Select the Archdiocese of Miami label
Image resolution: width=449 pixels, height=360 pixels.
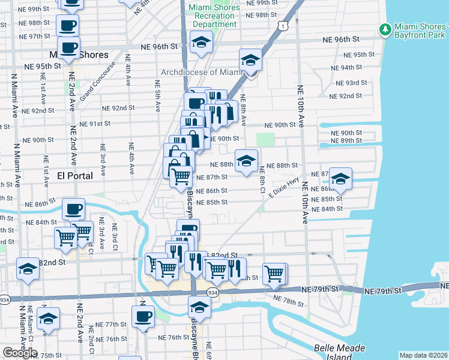[x=200, y=73]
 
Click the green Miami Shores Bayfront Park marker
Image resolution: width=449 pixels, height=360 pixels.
[x=384, y=29]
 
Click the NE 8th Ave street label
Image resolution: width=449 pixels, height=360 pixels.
[x=243, y=109]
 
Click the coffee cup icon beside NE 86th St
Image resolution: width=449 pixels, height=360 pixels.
[x=74, y=208]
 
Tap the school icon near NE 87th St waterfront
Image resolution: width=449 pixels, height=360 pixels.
[x=340, y=178]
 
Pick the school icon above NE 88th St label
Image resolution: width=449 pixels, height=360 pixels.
[x=246, y=160]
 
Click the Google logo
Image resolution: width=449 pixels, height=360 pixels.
[x=20, y=353]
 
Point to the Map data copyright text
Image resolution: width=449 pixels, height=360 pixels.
[x=423, y=355]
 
